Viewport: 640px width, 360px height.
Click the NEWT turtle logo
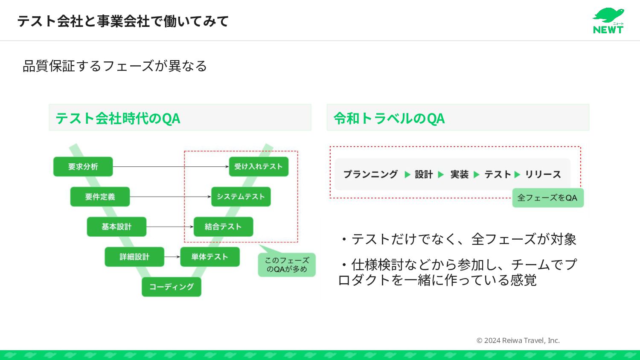[608, 20]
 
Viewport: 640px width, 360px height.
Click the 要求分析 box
[83, 166]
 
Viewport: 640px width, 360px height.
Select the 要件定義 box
[100, 197]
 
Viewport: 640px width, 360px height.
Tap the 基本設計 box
[116, 226]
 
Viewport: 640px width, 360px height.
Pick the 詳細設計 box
[134, 257]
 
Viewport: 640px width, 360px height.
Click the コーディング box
[171, 287]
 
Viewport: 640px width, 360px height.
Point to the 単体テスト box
[209, 257]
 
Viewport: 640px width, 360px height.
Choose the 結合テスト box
[223, 226]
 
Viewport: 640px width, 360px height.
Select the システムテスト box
[241, 197]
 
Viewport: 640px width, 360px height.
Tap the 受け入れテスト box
[259, 166]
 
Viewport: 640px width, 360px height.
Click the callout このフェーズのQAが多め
[287, 265]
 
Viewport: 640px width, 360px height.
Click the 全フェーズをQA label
[547, 198]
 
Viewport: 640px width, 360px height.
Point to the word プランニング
[370, 174]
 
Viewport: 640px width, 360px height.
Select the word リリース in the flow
[543, 174]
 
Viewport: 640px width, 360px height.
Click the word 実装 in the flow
[460, 174]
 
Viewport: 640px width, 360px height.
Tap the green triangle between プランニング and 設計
[407, 174]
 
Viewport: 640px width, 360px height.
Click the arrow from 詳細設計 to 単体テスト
[172, 257]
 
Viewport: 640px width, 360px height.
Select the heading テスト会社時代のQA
[118, 118]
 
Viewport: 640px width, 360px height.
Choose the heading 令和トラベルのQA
[389, 118]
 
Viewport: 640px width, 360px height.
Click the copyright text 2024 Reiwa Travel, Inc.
[518, 340]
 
